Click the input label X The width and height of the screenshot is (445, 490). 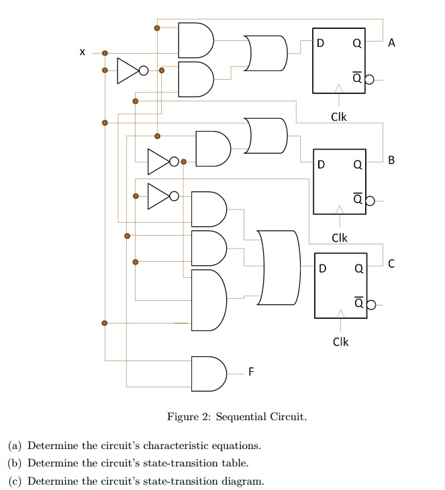point(81,52)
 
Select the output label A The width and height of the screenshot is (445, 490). point(392,43)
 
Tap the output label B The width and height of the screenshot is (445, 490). point(392,160)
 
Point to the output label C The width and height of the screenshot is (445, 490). point(392,265)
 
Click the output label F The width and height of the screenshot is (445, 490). point(251,371)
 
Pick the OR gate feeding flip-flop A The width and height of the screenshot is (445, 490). point(266,53)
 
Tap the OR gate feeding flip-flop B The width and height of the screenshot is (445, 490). point(266,136)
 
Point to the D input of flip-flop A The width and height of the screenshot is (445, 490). point(320,43)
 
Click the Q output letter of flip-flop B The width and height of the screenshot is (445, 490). point(358,164)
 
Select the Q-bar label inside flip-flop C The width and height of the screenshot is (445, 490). point(358,303)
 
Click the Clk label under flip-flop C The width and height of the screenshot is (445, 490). point(340,342)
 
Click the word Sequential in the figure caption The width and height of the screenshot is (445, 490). point(241,417)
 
